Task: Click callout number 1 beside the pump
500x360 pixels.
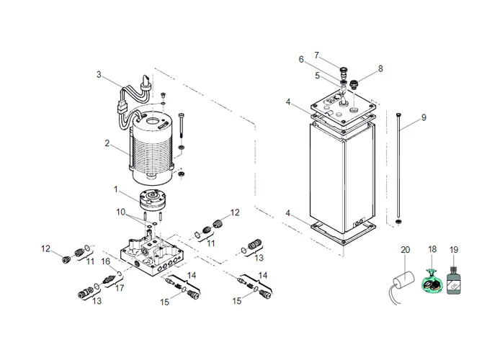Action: tap(116, 189)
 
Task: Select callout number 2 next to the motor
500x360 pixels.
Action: tap(107, 143)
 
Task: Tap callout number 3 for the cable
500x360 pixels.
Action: tap(99, 73)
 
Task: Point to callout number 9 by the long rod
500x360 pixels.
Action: tap(424, 117)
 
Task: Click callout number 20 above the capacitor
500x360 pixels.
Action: tap(405, 249)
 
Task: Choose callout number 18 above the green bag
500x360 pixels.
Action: tap(432, 249)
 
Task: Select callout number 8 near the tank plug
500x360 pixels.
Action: tap(380, 69)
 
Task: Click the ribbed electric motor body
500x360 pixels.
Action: tap(151, 140)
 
